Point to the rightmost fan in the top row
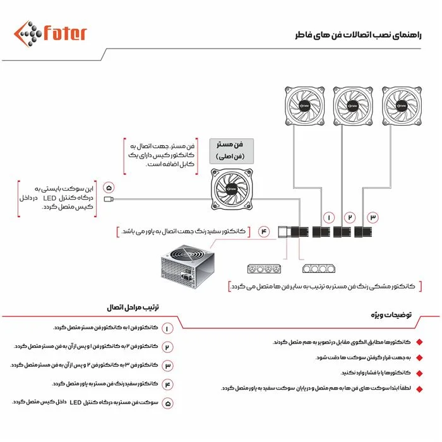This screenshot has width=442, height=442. point(400,106)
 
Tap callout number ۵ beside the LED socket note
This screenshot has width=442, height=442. point(109,188)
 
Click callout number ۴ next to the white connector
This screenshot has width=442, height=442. point(264,232)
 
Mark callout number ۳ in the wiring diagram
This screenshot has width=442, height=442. point(373,217)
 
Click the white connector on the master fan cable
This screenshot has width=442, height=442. point(286,231)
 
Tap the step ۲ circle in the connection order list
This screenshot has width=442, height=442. point(167,347)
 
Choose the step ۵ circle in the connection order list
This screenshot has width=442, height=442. point(167,402)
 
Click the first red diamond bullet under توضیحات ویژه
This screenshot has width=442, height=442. point(418,342)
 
